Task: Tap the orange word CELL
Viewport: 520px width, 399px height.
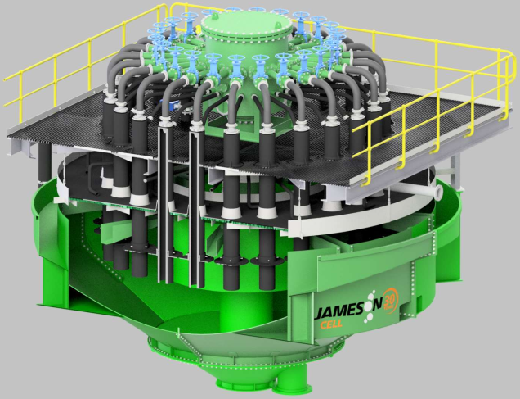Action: [x=331, y=324]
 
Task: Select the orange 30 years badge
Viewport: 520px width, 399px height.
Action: [x=391, y=299]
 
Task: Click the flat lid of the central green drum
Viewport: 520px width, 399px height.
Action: [x=247, y=23]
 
